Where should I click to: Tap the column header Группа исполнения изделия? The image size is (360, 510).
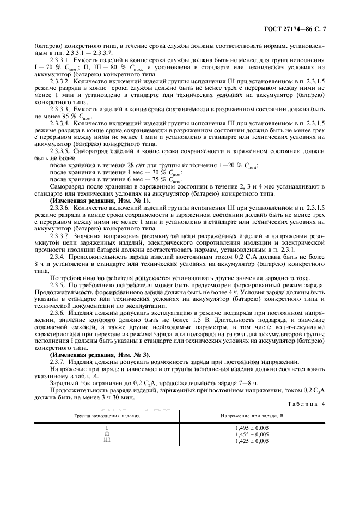point(107,416)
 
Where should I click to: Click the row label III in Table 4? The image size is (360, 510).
point(107,441)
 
